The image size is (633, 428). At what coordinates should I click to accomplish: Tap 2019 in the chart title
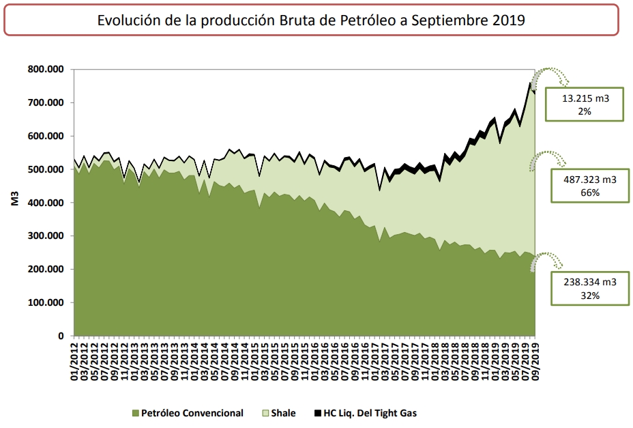coord(506,20)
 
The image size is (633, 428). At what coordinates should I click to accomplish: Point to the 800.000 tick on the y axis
coord(46,70)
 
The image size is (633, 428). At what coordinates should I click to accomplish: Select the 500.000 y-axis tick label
coord(46,169)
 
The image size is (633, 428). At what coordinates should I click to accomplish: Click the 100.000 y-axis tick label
coord(46,302)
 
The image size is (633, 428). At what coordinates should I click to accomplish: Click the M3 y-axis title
coord(14,202)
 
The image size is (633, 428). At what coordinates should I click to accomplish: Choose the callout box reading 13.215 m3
coord(585,104)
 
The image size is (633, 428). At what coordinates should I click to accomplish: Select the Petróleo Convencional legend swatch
coord(135,413)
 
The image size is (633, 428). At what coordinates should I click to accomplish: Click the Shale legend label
coord(283,413)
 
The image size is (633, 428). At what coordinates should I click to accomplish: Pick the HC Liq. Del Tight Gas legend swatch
coord(318,413)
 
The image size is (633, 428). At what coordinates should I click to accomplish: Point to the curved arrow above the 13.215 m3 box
coord(550,76)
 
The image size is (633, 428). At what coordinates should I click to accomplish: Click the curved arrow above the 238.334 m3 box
coord(548,260)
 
